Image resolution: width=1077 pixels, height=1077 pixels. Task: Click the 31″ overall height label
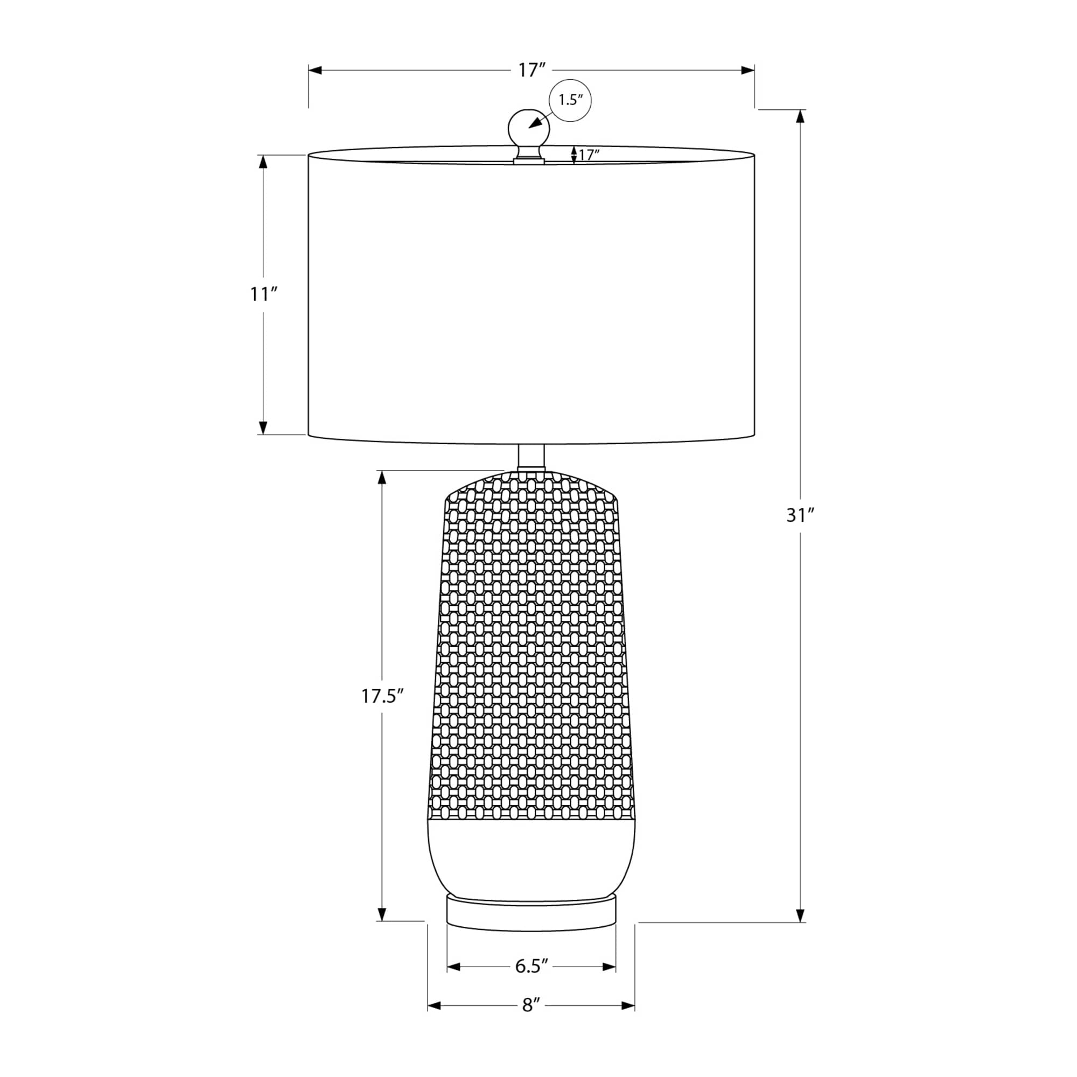click(x=801, y=516)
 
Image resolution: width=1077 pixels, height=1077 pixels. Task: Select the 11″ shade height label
click(x=263, y=294)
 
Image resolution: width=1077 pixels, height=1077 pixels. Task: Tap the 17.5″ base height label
click(x=382, y=696)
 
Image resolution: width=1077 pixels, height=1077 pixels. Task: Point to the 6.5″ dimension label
click(x=532, y=966)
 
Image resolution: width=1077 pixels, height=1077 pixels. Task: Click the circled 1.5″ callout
click(x=570, y=100)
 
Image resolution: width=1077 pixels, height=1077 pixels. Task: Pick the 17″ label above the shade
click(x=531, y=70)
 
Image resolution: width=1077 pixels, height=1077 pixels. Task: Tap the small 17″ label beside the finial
click(x=589, y=155)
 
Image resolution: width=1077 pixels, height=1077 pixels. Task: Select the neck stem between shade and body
click(x=531, y=457)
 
